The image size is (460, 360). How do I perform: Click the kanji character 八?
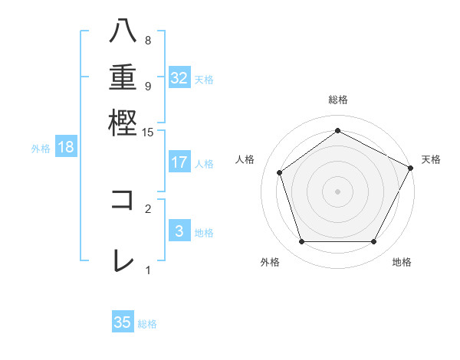(123, 31)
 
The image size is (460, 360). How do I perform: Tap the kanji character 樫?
(123, 123)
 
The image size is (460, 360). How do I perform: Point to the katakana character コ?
(123, 200)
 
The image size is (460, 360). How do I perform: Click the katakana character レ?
(123, 261)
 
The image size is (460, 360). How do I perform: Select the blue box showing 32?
(179, 78)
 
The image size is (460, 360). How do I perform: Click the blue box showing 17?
(179, 162)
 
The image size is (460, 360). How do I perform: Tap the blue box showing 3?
(179, 231)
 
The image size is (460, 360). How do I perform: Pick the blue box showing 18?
(65, 148)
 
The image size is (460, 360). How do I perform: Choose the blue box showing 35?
(122, 322)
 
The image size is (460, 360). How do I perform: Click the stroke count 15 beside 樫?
(148, 133)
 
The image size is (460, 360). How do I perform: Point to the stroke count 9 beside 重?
(148, 86)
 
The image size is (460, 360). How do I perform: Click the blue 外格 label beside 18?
(41, 149)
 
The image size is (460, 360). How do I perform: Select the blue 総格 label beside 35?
(147, 324)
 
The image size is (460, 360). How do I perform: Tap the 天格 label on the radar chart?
(431, 159)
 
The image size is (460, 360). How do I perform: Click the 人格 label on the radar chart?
(245, 159)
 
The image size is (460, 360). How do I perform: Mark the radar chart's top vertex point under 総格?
(337, 131)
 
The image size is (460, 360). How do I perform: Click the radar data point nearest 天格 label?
(411, 167)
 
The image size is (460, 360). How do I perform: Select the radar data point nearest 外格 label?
(301, 241)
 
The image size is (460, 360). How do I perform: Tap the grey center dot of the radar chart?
(337, 191)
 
